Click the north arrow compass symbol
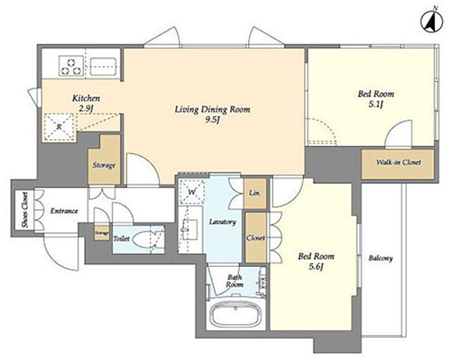pyautogui.click(x=432, y=23)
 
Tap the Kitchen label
pyautogui.click(x=86, y=99)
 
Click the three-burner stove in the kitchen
pyautogui.click(x=72, y=66)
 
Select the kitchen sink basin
pyautogui.click(x=103, y=67)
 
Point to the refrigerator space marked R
pyautogui.click(x=59, y=127)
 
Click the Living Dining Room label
pyautogui.click(x=212, y=110)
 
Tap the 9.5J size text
pyautogui.click(x=212, y=121)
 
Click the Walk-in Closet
pyautogui.click(x=398, y=164)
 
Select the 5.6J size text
pyautogui.click(x=316, y=267)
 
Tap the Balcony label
pyautogui.click(x=381, y=258)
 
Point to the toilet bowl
pyautogui.click(x=143, y=239)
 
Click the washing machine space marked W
pyautogui.click(x=192, y=192)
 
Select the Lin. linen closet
pyautogui.click(x=255, y=194)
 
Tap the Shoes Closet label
pyautogui.click(x=25, y=210)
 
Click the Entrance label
pyautogui.click(x=65, y=211)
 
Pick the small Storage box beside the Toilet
pyautogui.click(x=102, y=233)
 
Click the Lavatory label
pyautogui.click(x=223, y=222)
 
